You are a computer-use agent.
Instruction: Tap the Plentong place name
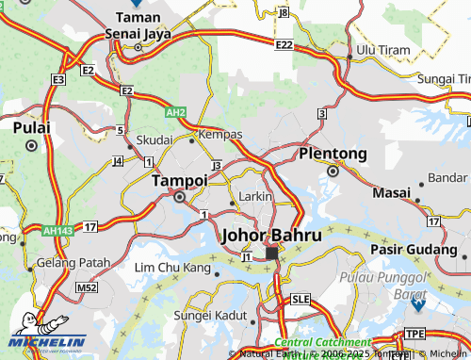(x=333, y=153)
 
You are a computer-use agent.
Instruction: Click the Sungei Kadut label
(x=210, y=314)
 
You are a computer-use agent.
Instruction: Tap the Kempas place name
(x=220, y=135)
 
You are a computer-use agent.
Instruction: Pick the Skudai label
(x=154, y=139)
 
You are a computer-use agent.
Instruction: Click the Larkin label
(x=255, y=195)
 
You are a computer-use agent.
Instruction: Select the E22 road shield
(x=284, y=44)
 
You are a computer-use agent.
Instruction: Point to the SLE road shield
(x=300, y=299)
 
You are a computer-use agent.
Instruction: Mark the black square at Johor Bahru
(x=271, y=254)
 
